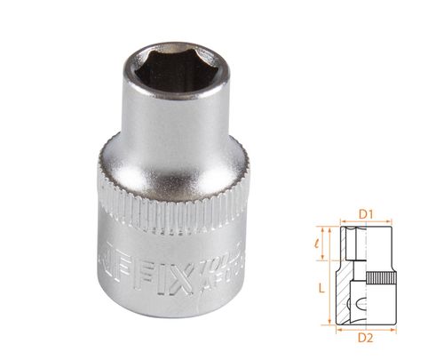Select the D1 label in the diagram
363,213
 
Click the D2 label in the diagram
363,339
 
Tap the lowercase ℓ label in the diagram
319,241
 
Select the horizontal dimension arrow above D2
364,329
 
